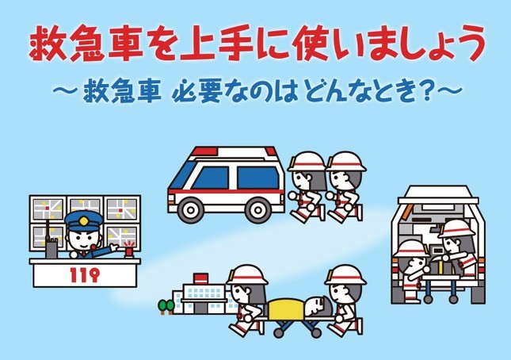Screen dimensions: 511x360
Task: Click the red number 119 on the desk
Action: pos(84,275)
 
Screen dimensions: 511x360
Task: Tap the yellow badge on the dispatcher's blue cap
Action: pos(84,221)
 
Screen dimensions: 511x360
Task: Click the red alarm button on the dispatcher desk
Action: pos(129,251)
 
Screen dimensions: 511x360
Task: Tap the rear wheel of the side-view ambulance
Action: pos(258,209)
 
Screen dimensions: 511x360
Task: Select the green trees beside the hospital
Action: pos(166,307)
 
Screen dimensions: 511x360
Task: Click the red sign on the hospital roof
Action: pos(200,278)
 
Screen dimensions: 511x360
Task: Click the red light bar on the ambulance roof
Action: pos(204,151)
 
